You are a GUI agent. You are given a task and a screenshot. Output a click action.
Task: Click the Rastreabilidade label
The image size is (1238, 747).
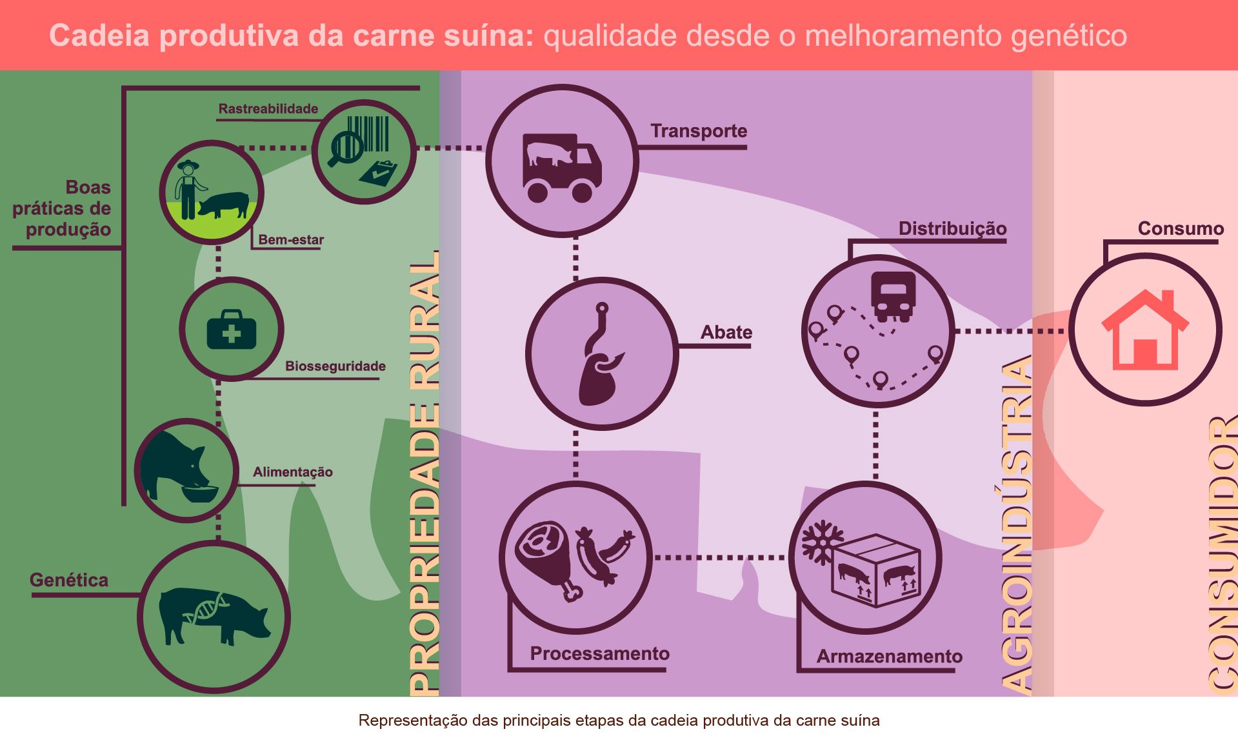(268, 109)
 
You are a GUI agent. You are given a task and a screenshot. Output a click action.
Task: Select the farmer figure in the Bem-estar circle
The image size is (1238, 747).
(188, 190)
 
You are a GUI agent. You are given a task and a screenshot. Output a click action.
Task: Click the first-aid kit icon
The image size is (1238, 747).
(232, 330)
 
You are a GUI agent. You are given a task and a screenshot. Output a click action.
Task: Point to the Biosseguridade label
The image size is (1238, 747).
(335, 366)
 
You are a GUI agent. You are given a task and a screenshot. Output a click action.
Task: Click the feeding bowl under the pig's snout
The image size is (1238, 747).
(200, 493)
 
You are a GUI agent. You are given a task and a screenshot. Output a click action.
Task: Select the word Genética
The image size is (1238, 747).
(69, 580)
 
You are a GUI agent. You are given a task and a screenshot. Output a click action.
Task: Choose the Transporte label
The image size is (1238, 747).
(699, 131)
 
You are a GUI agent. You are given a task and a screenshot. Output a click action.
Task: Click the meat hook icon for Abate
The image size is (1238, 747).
(602, 354)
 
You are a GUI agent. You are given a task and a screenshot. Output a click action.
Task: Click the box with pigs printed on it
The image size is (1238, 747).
(875, 570)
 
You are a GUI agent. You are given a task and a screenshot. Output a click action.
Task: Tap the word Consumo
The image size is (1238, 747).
(1181, 228)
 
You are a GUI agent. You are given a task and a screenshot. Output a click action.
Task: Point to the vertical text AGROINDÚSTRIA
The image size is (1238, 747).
(1017, 525)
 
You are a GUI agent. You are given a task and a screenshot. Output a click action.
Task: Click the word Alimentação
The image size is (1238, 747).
(293, 472)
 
